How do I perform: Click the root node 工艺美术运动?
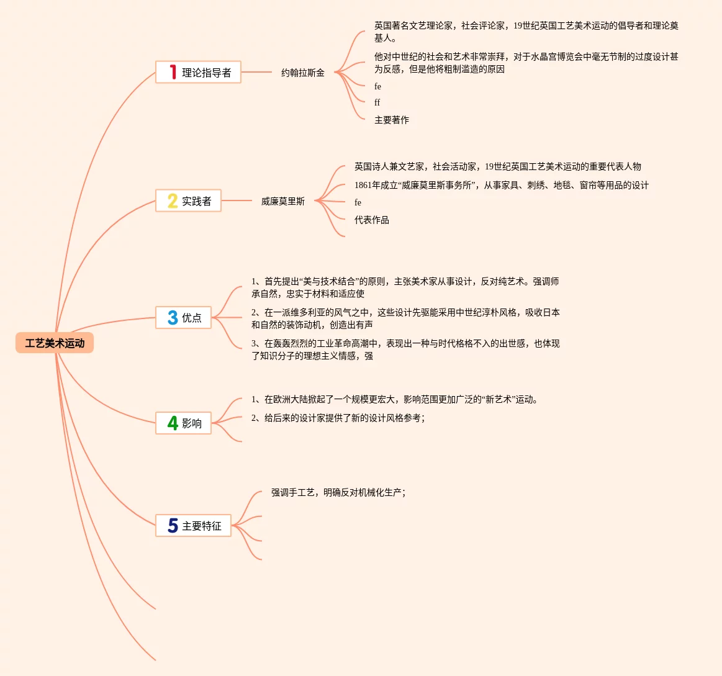[55, 343]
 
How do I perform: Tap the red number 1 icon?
[173, 73]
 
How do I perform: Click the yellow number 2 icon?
[173, 201]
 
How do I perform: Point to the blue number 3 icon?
[173, 318]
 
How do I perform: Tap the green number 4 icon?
[173, 423]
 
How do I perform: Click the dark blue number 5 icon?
[173, 526]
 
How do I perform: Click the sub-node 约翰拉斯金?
[302, 73]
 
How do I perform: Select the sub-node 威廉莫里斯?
[282, 201]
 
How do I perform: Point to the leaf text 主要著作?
[391, 120]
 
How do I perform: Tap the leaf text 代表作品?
[371, 220]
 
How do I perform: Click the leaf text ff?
[377, 102]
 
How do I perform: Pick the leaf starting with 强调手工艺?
[338, 492]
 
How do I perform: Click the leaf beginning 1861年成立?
[501, 185]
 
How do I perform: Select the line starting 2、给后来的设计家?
[338, 418]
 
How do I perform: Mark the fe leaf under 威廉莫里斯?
[358, 202]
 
